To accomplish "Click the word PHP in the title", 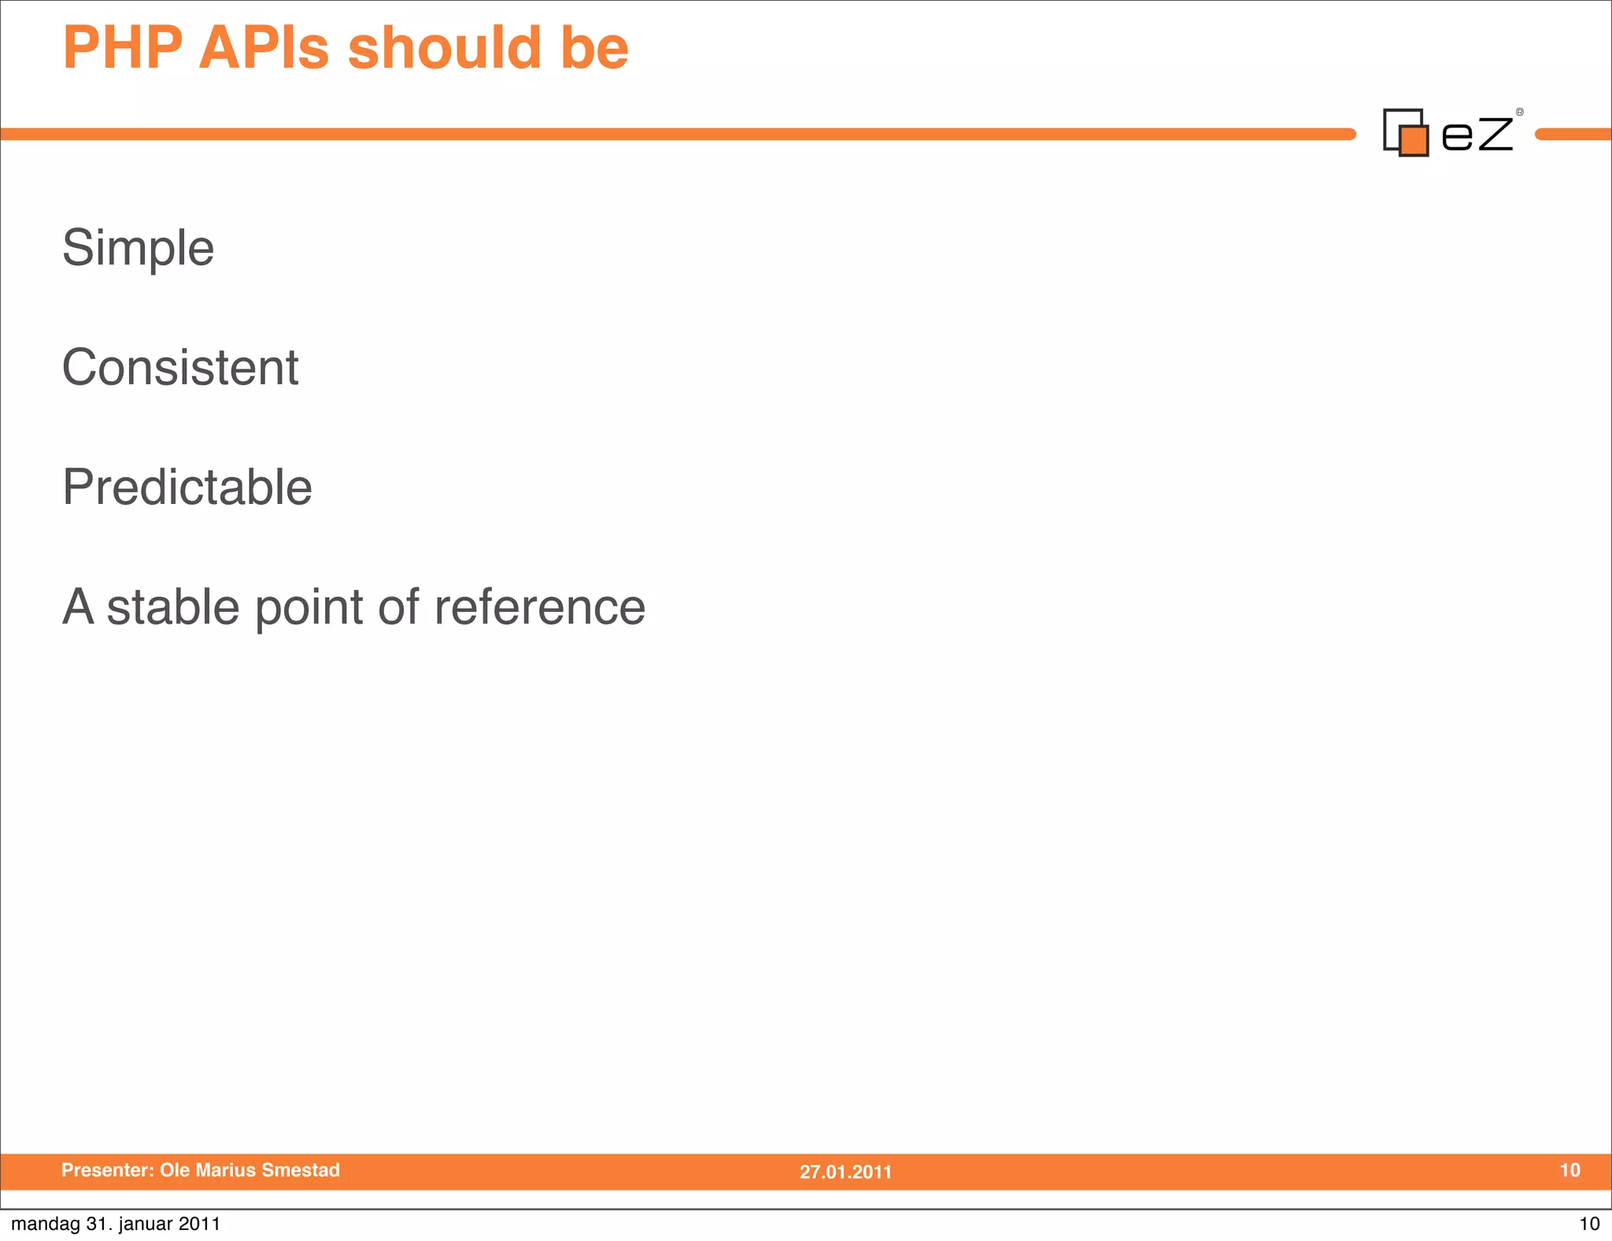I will [x=123, y=49].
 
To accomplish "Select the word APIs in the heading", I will [x=264, y=49].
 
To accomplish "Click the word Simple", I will [x=138, y=249].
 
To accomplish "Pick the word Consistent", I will [x=180, y=368].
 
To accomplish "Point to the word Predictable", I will [x=187, y=487].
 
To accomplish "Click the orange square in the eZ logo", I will [x=1414, y=140].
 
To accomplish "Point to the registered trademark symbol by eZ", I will [x=1520, y=112].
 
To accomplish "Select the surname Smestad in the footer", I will [x=301, y=1170].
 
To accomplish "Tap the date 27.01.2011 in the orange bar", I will [x=845, y=1172].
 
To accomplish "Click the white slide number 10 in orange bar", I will [x=1569, y=1170].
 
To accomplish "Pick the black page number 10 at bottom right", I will [x=1589, y=1224].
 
